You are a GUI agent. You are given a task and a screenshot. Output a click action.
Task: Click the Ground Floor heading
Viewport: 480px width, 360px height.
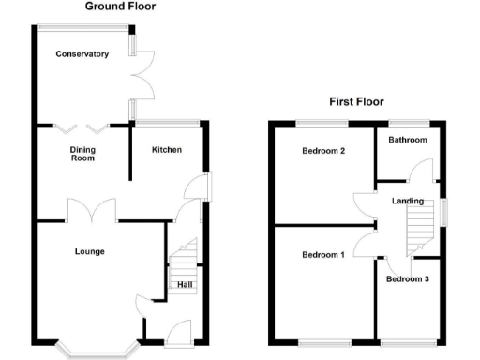[120, 7]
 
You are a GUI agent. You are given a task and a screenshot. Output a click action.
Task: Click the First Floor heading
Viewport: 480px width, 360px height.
[355, 102]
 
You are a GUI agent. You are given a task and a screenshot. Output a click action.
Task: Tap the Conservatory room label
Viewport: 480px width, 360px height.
[82, 54]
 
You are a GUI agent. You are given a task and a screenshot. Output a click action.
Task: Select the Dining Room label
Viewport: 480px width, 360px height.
[83, 154]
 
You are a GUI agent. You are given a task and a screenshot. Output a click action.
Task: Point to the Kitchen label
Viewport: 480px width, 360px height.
[167, 150]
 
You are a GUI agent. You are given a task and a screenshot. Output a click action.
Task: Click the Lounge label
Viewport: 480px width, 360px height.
[90, 251]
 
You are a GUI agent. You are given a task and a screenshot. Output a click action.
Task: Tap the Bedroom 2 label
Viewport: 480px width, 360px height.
[323, 151]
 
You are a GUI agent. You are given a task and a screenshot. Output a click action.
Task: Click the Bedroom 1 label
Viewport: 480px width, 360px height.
[322, 255]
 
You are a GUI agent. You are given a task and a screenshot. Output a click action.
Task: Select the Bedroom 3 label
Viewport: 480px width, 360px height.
[408, 279]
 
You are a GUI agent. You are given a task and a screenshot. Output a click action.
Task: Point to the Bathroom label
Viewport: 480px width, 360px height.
[409, 141]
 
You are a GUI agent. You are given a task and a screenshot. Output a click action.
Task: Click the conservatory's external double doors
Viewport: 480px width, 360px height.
[142, 76]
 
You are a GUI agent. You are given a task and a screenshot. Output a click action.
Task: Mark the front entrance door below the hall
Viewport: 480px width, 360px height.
[178, 332]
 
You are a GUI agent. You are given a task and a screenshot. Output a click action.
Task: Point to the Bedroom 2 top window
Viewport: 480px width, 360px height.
[323, 123]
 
